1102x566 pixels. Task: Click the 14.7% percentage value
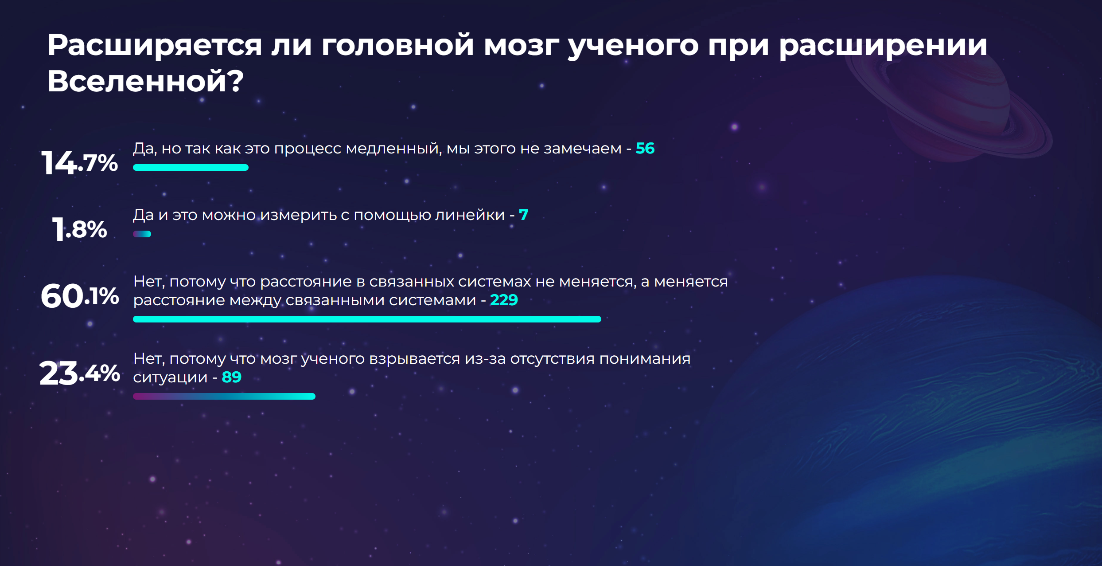(x=80, y=162)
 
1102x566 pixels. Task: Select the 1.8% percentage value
(x=80, y=229)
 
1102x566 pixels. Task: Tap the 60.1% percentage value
(x=80, y=296)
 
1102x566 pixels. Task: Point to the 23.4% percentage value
(x=80, y=373)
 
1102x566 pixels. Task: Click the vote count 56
(x=645, y=148)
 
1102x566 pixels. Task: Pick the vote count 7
(x=524, y=215)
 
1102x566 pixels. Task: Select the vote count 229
(x=504, y=300)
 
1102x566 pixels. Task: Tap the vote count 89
(x=231, y=377)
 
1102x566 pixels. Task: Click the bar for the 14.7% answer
(x=191, y=167)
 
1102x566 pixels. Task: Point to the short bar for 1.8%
(x=142, y=234)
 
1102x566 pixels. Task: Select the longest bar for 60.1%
(x=367, y=319)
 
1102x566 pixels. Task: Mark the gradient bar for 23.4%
(x=224, y=396)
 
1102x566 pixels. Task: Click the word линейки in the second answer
(x=470, y=215)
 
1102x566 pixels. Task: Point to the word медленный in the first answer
(x=393, y=149)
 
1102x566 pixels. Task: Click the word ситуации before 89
(x=170, y=378)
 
